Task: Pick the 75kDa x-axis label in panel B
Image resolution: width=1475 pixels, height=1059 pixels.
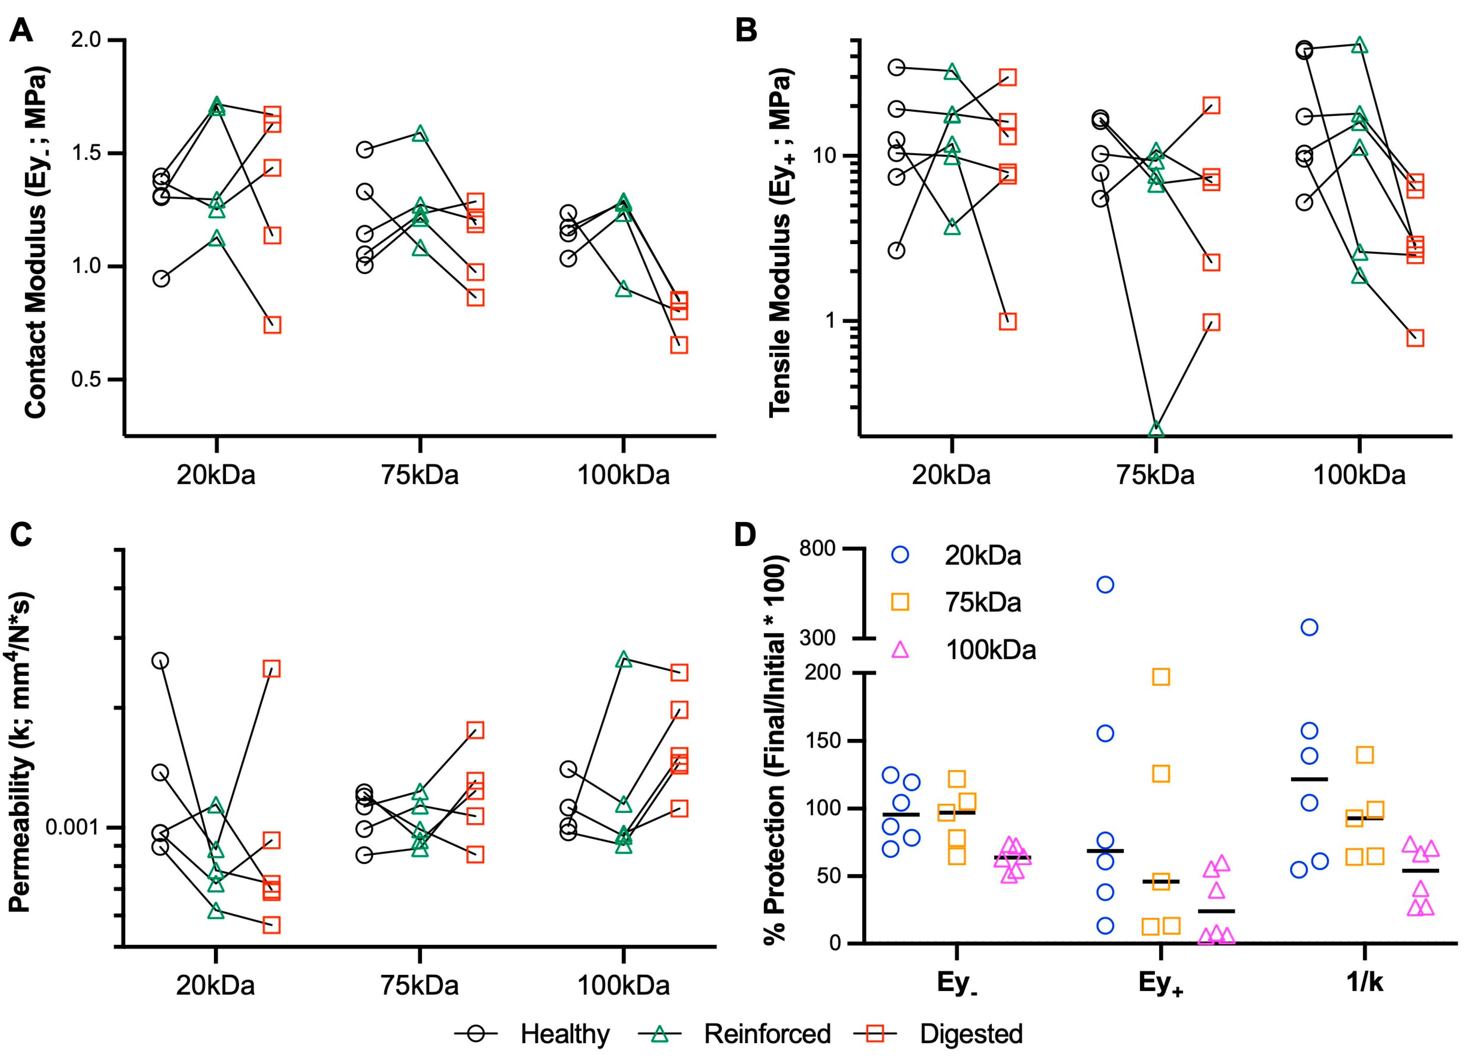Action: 1156,475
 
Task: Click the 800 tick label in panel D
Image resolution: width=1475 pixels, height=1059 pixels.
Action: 817,548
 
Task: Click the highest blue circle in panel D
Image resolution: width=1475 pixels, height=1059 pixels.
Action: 1105,585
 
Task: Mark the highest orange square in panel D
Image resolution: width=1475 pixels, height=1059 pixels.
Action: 1161,677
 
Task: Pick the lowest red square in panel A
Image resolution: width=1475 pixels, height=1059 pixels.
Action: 679,345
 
